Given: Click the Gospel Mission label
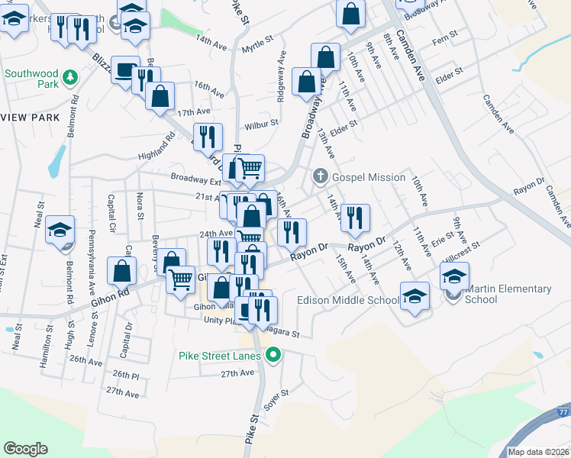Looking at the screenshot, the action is click(x=369, y=177).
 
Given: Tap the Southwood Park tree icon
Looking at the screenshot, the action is click(x=69, y=76).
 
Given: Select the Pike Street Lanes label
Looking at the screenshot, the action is click(x=221, y=355).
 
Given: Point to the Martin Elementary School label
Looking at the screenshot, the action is click(x=508, y=294).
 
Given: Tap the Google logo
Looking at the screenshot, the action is click(x=26, y=448).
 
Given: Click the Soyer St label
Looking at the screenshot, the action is click(x=276, y=399).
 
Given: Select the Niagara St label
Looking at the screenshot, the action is click(x=282, y=334).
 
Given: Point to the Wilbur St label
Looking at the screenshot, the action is click(x=261, y=125).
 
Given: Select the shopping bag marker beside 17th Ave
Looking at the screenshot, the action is click(x=160, y=96).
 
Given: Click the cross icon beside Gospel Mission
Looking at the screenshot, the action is click(x=319, y=177).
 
